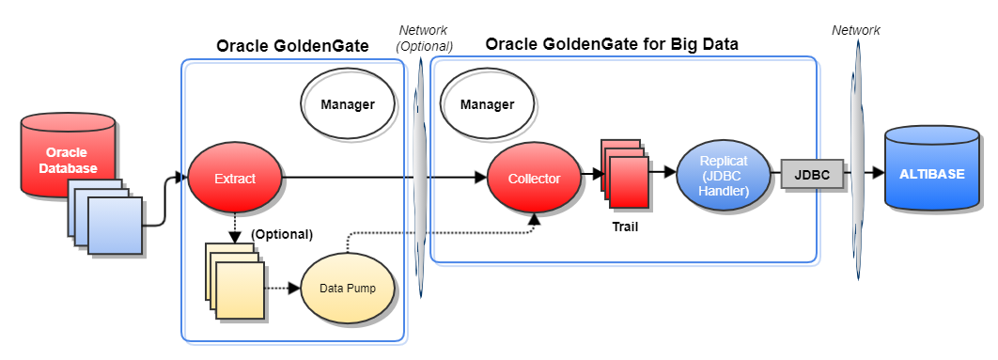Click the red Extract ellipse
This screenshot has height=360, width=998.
[235, 178]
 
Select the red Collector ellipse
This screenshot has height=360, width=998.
[534, 178]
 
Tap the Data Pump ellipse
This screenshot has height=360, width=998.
[347, 289]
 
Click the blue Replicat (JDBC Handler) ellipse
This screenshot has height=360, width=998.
[723, 174]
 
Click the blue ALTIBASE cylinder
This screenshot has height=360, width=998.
[931, 174]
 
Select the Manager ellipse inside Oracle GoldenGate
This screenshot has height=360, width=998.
[348, 103]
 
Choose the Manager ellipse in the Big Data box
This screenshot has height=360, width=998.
[487, 103]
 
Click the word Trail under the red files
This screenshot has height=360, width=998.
[625, 226]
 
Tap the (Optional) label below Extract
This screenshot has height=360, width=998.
[282, 233]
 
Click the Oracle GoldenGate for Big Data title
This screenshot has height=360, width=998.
[612, 43]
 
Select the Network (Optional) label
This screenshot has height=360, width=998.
[425, 39]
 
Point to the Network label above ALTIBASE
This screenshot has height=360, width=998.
[856, 30]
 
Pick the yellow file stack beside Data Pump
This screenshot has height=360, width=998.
[236, 281]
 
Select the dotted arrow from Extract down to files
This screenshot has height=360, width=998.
[234, 227]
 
